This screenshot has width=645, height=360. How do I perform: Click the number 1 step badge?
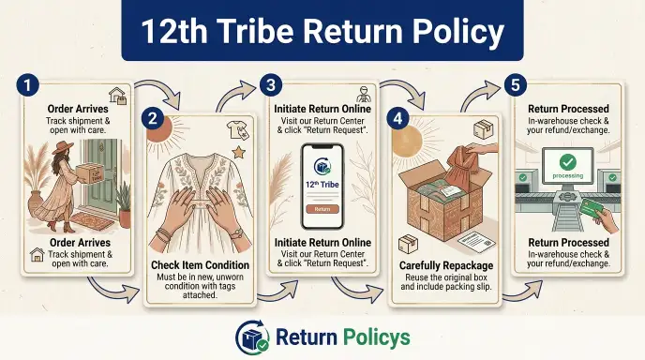27,85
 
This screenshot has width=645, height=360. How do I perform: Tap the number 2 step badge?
153,118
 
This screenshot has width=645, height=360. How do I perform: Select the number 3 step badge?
271,85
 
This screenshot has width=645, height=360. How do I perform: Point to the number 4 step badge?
397,118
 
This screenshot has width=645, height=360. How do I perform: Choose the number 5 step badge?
516,85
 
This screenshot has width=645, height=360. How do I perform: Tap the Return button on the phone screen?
322,209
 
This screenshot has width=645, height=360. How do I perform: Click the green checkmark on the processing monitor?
568,161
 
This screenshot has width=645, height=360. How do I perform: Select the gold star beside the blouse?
238,153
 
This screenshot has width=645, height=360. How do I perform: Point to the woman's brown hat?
63,147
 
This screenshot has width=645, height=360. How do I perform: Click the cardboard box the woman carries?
90,173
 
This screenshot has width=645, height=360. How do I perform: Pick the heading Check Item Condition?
200,265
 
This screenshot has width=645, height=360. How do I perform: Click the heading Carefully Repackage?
446,265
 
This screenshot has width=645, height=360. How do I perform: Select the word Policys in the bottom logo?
376,337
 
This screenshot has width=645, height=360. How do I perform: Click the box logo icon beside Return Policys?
252,337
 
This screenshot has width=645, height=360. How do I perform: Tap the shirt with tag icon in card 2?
238,130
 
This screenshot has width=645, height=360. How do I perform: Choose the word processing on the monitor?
568,175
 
